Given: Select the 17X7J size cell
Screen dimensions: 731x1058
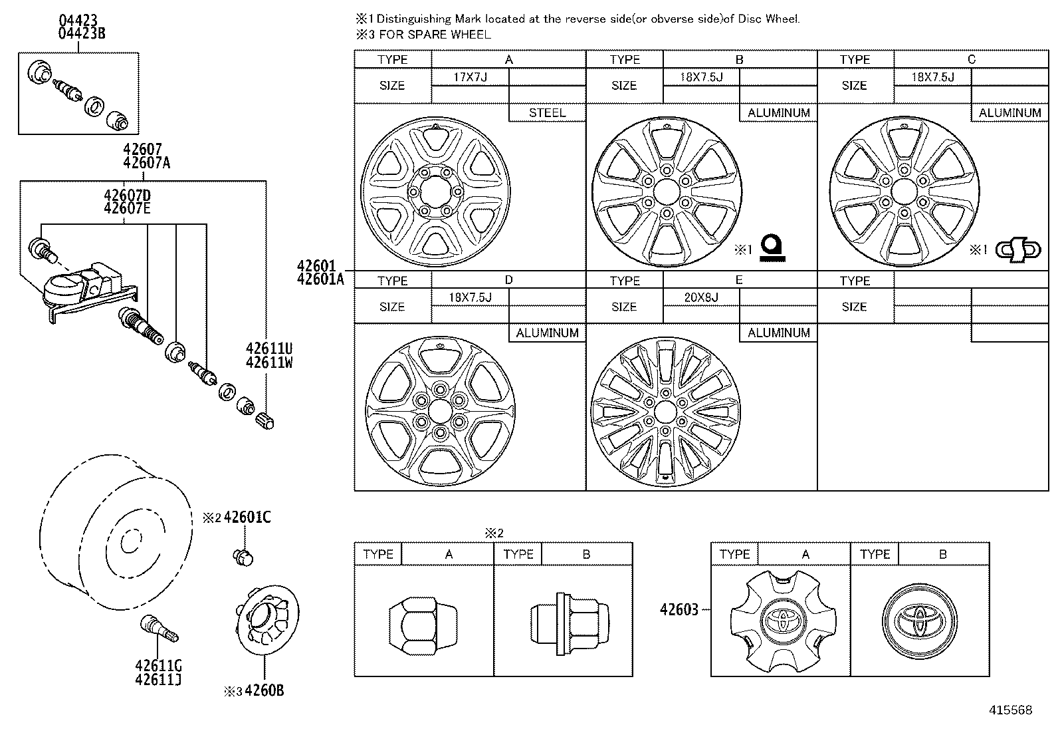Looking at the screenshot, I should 470,78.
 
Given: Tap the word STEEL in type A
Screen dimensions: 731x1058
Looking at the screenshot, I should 547,113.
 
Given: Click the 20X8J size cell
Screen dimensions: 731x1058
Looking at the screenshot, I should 701,297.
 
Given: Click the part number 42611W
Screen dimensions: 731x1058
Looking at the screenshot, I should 269,363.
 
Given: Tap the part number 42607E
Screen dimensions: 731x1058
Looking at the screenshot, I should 127,208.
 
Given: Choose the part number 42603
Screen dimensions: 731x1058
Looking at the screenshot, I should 679,609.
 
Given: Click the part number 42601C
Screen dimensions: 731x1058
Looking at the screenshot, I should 247,517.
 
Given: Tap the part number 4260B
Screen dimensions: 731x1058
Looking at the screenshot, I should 264,690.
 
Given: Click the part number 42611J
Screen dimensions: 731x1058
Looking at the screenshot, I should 158,679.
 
